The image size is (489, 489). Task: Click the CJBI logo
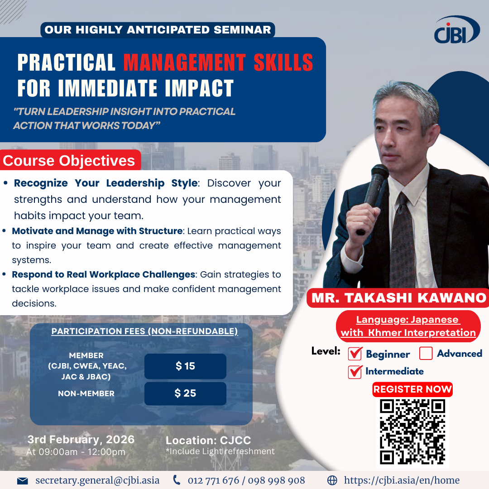[x=457, y=30]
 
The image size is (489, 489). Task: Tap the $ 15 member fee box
[x=185, y=366]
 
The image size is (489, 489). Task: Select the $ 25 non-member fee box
[x=185, y=393]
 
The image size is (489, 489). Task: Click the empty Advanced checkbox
[x=426, y=353]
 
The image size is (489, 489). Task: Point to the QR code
[x=412, y=432]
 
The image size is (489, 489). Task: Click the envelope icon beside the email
[x=23, y=480]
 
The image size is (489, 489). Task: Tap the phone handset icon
[x=177, y=480]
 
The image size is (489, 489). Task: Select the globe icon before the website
[x=332, y=480]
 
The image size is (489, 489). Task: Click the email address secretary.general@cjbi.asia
[x=97, y=480]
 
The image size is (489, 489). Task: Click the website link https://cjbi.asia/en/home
[x=402, y=480]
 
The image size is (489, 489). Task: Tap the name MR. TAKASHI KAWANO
[x=399, y=298]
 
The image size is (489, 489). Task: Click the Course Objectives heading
[x=69, y=161]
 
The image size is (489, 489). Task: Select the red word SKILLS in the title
[x=283, y=62]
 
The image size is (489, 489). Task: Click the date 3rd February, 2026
[x=81, y=439]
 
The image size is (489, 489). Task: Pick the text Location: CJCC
[x=208, y=441]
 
